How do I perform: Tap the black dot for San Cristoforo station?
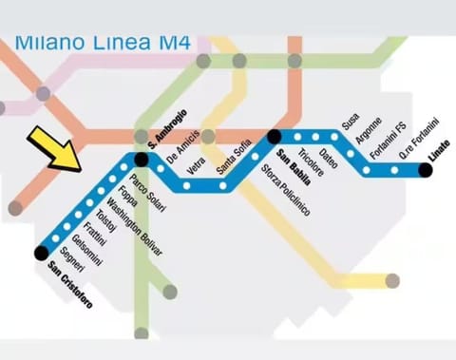40,252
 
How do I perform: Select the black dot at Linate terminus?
425,170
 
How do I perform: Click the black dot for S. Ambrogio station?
142,159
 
